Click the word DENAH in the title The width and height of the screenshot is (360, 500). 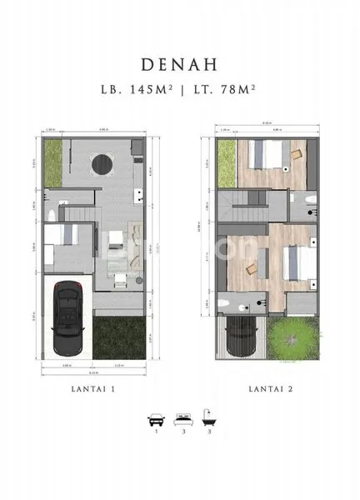click(x=179, y=64)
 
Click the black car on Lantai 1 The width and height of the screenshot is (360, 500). click(x=65, y=317)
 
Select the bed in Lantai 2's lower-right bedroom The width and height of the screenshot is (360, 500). click(x=296, y=266)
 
